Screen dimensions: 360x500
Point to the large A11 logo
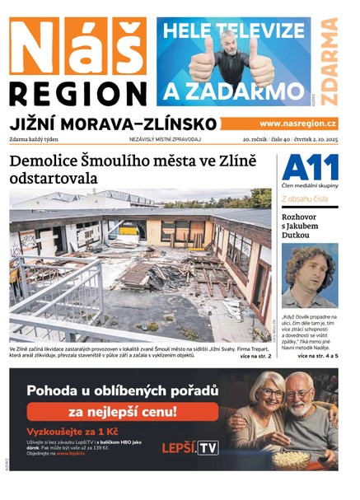tap(309, 168)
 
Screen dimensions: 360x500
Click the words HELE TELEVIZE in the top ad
tap(232, 30)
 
